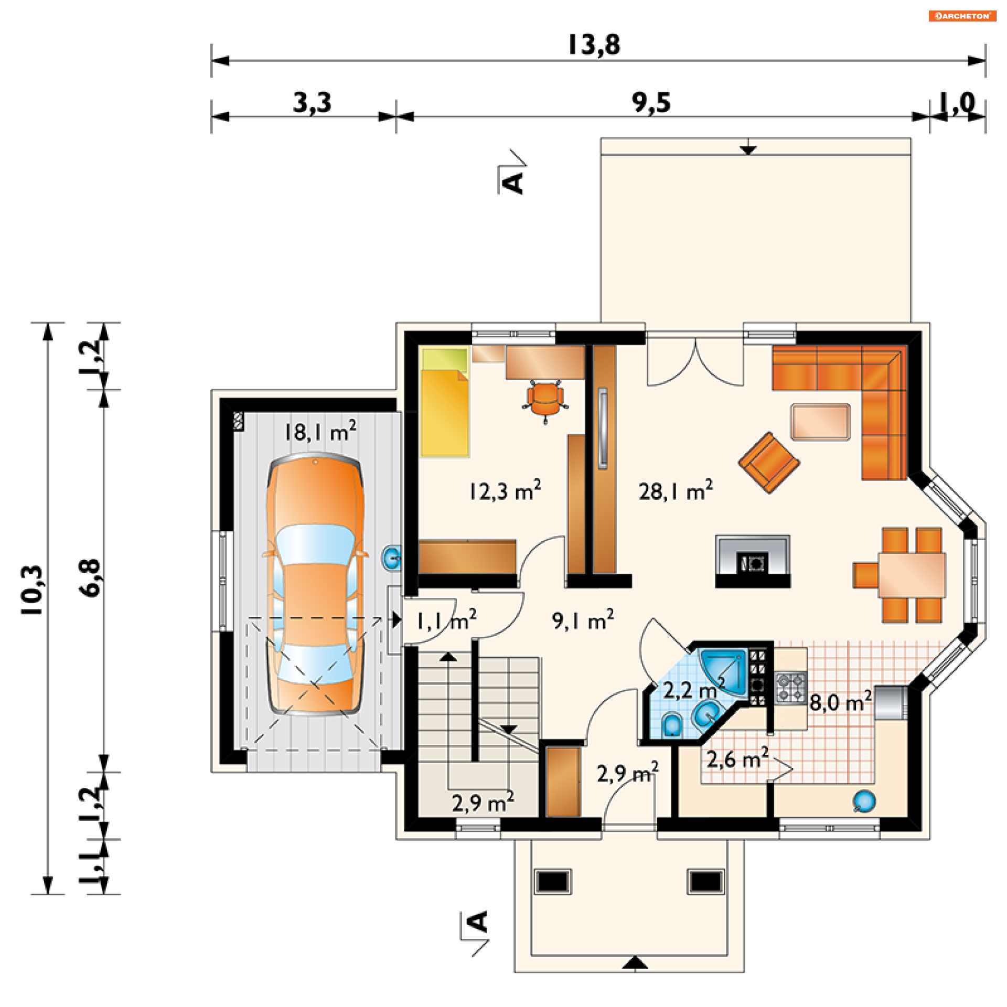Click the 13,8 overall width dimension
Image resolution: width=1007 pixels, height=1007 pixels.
coord(594,45)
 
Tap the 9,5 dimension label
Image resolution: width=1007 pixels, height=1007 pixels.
coord(651,102)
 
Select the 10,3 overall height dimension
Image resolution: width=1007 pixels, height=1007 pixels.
coord(33,590)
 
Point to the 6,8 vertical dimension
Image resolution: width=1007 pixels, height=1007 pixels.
coord(90,577)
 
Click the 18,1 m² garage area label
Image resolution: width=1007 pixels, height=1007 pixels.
coord(320,432)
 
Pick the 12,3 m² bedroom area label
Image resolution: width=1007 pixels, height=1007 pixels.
coord(505,490)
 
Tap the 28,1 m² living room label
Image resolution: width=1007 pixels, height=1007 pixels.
coord(676,490)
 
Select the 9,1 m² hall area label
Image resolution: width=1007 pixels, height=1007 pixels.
coord(583,620)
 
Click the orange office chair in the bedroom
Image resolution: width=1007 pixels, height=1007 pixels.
coord(545,401)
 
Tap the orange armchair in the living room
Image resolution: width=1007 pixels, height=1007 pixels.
coord(769,462)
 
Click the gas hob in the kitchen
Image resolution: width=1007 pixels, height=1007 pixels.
coord(791,688)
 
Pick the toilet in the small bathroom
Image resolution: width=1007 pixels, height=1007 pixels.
coord(672,724)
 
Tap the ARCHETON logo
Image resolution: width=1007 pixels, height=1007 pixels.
coord(962,16)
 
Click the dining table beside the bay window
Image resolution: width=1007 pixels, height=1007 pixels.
coord(912,575)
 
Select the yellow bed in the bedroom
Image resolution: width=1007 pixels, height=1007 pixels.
coord(444,402)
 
